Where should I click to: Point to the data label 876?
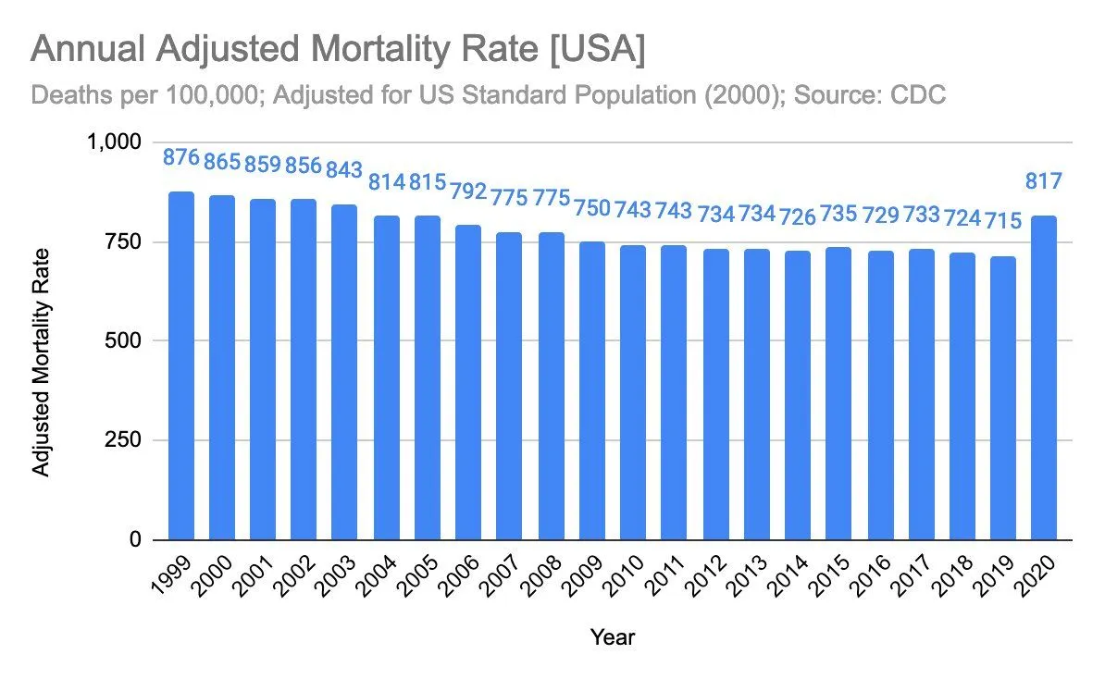[181, 157]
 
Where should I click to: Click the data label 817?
[1044, 180]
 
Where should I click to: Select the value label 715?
[1002, 221]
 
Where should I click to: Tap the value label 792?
[469, 191]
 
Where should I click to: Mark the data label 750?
[592, 208]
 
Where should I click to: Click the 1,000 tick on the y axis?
[113, 142]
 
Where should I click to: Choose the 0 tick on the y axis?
[133, 539]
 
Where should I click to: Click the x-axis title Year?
[613, 636]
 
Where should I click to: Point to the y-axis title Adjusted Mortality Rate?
[42, 361]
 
